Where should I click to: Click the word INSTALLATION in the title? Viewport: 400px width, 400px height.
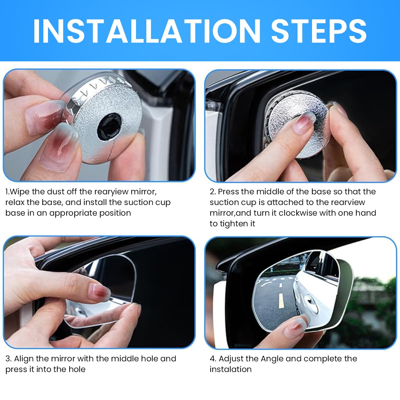pos(147,31)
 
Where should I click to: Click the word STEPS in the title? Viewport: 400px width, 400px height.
pos(319,31)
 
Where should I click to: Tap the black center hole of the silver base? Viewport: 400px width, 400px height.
pos(109,127)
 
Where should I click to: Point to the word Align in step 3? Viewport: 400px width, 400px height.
pos(24,359)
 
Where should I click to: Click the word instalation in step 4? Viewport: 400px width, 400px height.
pos(231,369)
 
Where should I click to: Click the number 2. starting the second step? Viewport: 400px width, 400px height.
pos(213,192)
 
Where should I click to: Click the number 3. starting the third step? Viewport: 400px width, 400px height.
pos(8,359)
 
